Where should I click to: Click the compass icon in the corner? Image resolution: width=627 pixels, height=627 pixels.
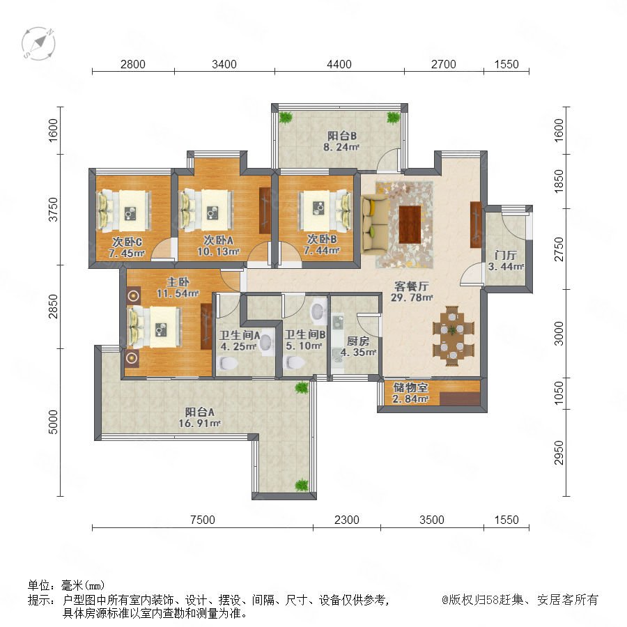[x=38, y=43]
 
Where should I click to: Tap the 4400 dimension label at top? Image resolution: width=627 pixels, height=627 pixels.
[x=339, y=64]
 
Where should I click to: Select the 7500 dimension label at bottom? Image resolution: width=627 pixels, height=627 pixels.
[x=203, y=520]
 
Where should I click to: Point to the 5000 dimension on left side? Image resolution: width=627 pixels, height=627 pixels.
[x=53, y=422]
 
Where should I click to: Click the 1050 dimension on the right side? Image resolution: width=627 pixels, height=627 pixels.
[x=559, y=393]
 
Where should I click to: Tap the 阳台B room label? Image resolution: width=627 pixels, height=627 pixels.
[x=342, y=136]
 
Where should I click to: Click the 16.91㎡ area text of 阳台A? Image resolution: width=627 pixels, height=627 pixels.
[x=199, y=423]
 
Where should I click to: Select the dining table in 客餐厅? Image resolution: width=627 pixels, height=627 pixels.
[x=453, y=336]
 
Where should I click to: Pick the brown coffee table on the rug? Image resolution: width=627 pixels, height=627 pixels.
[x=410, y=224]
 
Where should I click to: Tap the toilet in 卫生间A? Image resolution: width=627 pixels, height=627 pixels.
[x=229, y=363]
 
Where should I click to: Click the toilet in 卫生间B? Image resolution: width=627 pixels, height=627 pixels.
[x=294, y=362]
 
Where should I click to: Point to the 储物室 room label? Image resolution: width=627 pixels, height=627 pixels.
[x=410, y=387]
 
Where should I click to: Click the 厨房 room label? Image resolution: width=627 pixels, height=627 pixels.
[x=358, y=341]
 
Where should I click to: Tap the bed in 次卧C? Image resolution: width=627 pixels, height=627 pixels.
[x=125, y=210]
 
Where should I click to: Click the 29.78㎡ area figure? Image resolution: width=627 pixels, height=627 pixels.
[x=412, y=297]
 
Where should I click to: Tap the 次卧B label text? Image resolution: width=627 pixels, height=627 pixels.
[x=322, y=239]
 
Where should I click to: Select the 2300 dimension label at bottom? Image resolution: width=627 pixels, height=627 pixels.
[x=347, y=520]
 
